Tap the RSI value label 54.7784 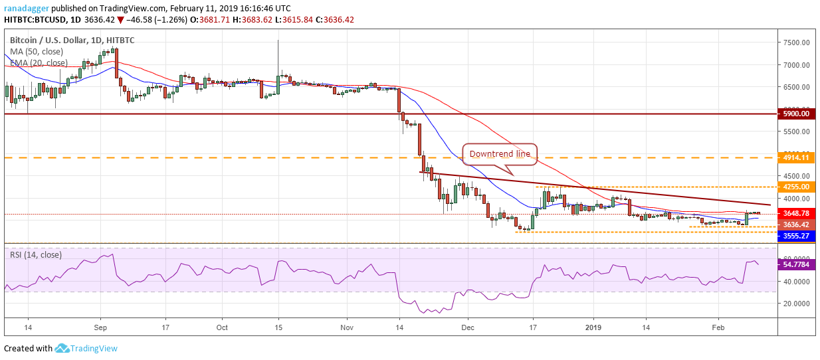point(795,264)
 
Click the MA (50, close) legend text point(36,52)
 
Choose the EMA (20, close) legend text point(39,63)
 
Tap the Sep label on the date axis point(100,327)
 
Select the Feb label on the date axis point(718,327)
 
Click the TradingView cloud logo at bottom point(63,348)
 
